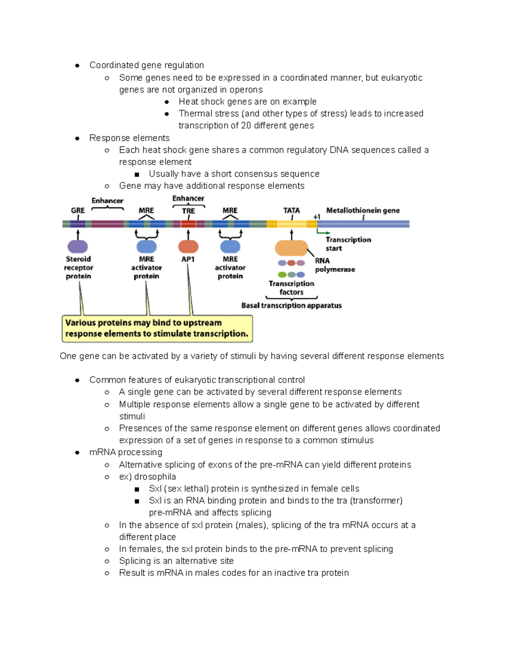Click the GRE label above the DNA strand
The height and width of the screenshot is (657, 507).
coord(78,210)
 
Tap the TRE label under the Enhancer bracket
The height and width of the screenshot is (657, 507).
coord(188,211)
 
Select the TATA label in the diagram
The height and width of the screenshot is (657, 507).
coord(292,210)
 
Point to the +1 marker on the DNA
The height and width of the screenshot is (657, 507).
coord(316,217)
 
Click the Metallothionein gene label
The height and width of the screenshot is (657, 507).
coord(363,210)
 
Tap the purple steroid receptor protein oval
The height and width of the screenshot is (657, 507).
coord(78,246)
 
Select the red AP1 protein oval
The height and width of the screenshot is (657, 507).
coord(188,246)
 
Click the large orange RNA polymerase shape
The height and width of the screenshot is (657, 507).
coord(292,248)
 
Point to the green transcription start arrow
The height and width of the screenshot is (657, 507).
coord(323,232)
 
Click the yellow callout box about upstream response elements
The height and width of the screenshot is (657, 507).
coord(157,328)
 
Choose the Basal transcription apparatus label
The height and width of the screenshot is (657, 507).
coord(292,305)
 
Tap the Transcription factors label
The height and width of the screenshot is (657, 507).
coord(292,288)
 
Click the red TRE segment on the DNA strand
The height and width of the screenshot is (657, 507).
coord(188,224)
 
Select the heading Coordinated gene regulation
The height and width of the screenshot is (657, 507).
coord(147,65)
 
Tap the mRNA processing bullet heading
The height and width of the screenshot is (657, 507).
coord(125,452)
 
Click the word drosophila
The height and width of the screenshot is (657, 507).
coord(155,477)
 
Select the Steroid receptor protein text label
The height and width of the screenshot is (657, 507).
coord(79,267)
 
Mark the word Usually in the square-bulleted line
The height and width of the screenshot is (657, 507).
coord(164,174)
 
